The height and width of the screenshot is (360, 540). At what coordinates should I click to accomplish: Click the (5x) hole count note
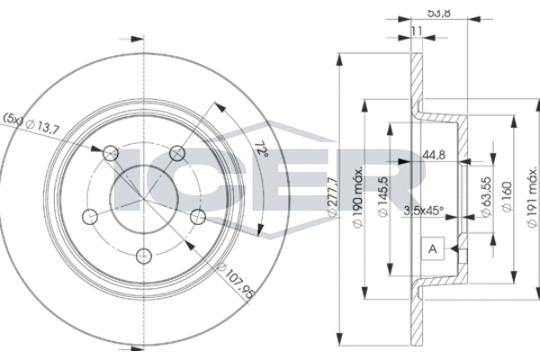click(15, 118)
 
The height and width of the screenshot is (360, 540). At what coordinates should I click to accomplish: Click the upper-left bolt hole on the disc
click(110, 152)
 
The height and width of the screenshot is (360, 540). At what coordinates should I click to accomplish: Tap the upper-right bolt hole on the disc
click(177, 152)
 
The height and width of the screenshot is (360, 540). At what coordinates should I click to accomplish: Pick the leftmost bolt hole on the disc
click(89, 215)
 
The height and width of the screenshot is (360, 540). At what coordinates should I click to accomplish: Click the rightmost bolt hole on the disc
click(199, 215)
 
